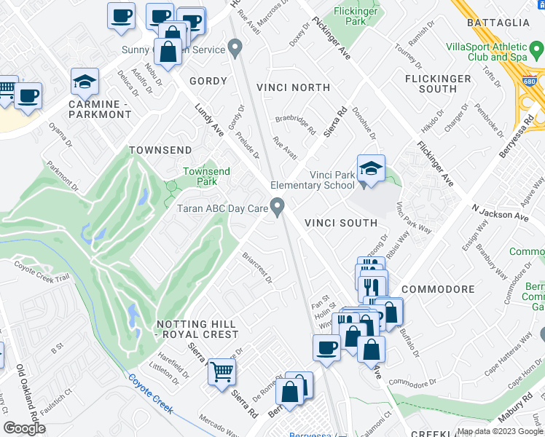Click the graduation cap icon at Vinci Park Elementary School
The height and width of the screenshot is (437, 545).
[370, 170]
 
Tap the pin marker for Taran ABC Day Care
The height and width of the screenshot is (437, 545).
[278, 207]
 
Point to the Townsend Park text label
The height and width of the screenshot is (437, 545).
[206, 176]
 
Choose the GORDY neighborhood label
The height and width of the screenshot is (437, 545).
[208, 81]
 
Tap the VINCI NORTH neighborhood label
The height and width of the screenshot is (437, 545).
[294, 87]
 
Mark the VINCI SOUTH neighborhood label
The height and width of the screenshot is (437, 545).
[341, 223]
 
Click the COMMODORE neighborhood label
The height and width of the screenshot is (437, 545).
[438, 289]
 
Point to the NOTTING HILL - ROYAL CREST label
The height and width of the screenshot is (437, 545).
[197, 328]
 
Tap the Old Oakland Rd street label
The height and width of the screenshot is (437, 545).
[22, 390]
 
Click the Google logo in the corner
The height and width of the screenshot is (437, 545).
[24, 428]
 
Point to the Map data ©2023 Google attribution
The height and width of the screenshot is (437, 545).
[500, 431]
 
